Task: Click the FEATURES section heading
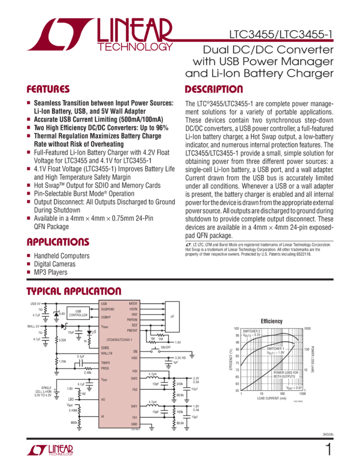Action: (x=48, y=89)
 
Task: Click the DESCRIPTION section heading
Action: (x=214, y=89)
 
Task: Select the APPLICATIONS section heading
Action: (x=58, y=242)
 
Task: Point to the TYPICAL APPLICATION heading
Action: (x=74, y=291)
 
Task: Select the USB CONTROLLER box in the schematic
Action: (x=78, y=314)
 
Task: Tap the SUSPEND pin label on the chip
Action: (x=108, y=309)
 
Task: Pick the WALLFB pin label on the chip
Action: (x=107, y=354)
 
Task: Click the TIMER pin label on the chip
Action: (x=106, y=363)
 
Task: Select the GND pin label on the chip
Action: (x=134, y=424)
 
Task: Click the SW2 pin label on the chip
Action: (x=134, y=378)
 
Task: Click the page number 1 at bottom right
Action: (x=329, y=450)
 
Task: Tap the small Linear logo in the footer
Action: (x=50, y=450)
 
